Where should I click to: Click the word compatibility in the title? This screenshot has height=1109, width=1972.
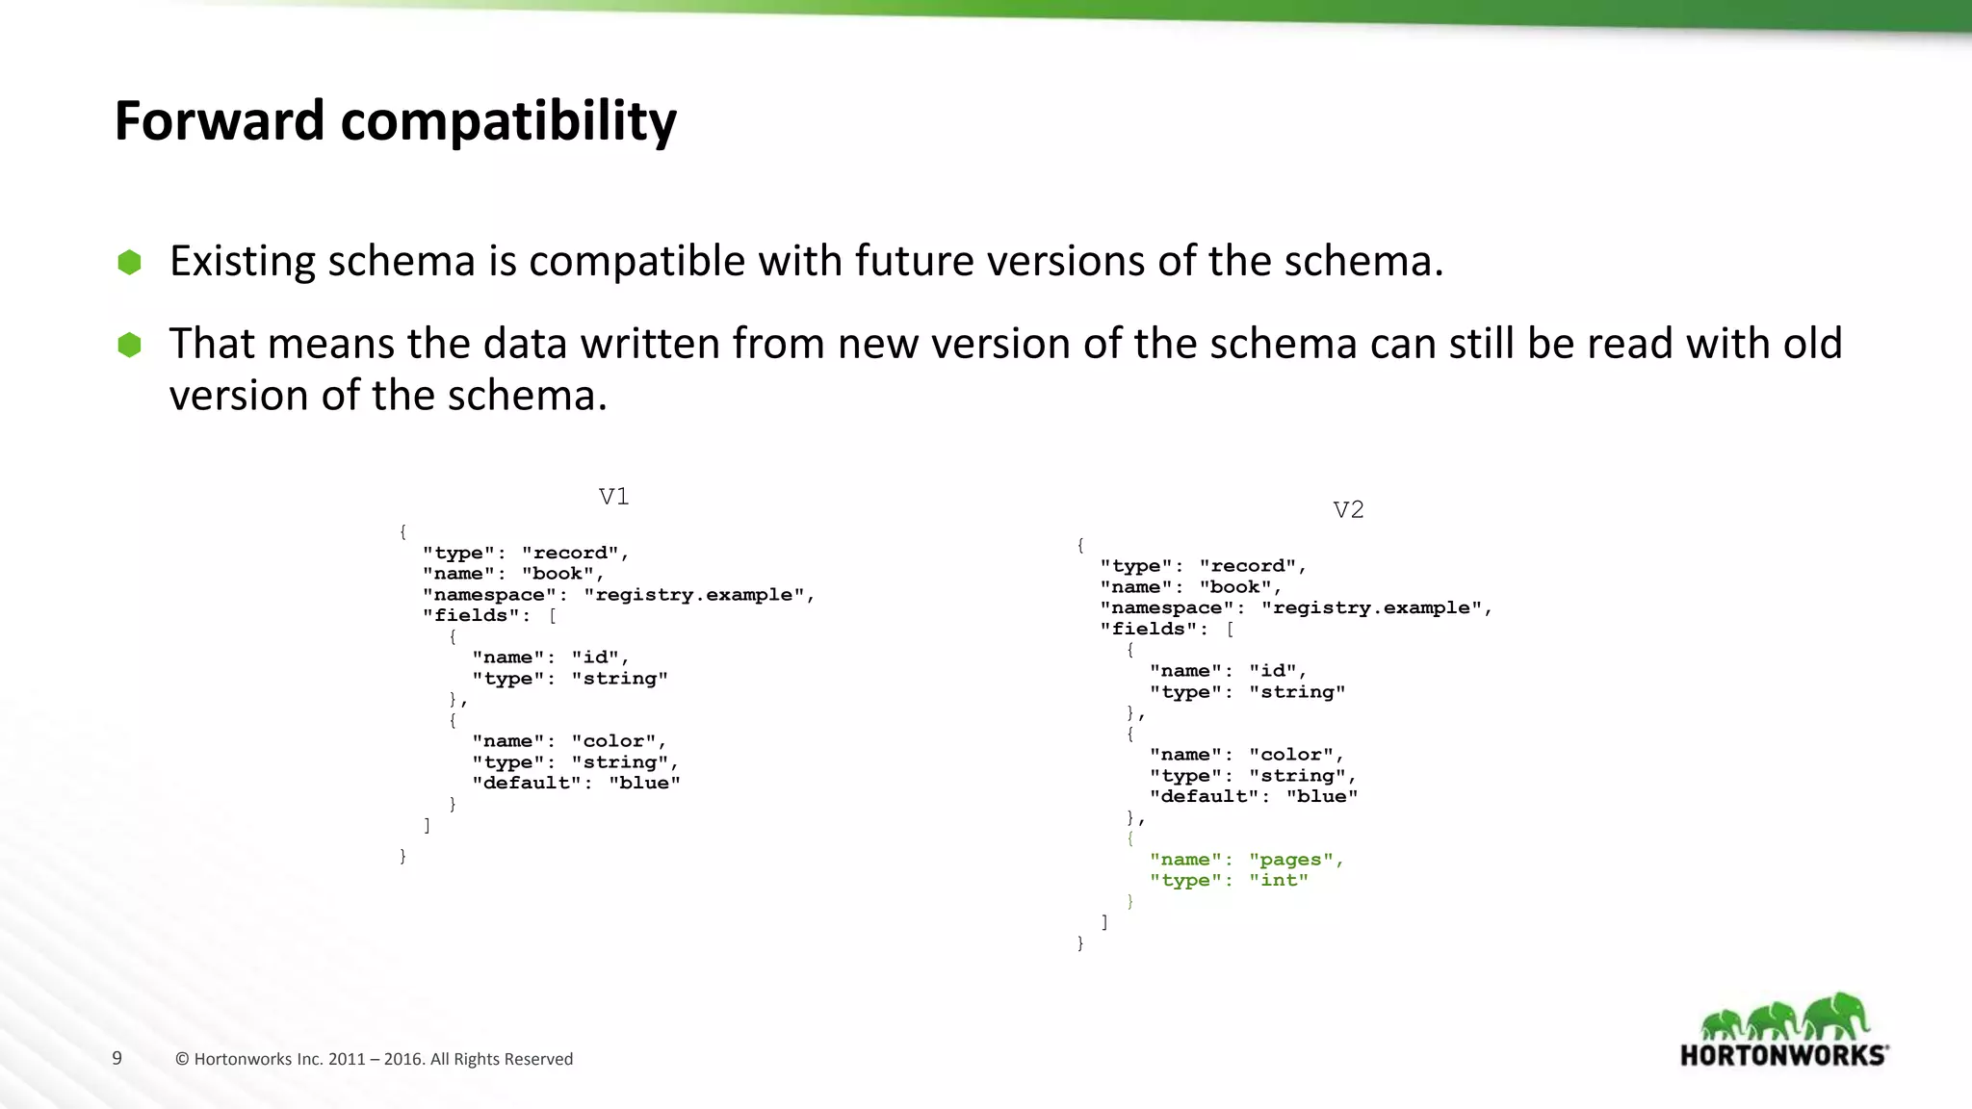(x=508, y=123)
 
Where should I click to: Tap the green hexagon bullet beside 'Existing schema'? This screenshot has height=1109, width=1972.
(x=129, y=262)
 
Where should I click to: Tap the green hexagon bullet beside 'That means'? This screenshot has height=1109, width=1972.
(x=129, y=345)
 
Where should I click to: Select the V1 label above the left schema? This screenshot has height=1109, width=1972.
(x=613, y=497)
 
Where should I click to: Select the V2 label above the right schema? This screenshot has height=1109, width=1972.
(x=1348, y=510)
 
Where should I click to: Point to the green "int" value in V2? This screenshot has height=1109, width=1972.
(x=1279, y=881)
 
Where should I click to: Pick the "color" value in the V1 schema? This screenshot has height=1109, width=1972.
(x=613, y=741)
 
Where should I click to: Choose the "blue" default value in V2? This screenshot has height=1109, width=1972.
(x=1321, y=797)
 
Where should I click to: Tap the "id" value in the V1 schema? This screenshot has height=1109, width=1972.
(x=595, y=658)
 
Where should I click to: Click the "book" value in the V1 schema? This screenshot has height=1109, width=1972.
(x=558, y=574)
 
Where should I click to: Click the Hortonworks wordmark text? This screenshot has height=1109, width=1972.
(x=1783, y=1055)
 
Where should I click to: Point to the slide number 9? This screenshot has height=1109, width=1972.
(x=117, y=1059)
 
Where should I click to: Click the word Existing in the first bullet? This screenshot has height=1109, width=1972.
(x=242, y=262)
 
